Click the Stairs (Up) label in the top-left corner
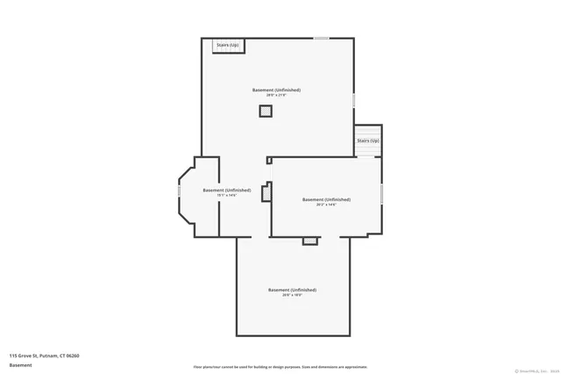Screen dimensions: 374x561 [x=227, y=45]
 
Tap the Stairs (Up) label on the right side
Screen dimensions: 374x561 [x=368, y=140]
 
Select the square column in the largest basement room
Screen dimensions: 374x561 [x=266, y=111]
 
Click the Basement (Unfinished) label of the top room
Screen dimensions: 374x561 [x=276, y=90]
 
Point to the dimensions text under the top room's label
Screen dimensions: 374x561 [x=276, y=95]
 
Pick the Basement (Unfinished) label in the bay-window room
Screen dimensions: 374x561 [x=226, y=190]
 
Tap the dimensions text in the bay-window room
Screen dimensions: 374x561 [x=226, y=195]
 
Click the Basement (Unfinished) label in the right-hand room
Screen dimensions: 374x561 [x=326, y=199]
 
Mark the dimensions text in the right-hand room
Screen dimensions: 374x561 [x=326, y=205]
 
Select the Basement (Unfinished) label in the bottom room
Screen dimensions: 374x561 [x=292, y=290]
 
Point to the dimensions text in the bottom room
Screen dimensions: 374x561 [x=292, y=295]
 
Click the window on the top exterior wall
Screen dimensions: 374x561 [x=322, y=38]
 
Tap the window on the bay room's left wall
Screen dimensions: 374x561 [x=180, y=190]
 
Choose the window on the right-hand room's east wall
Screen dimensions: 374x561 [x=382, y=193]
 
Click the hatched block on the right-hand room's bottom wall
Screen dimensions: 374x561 [x=309, y=240]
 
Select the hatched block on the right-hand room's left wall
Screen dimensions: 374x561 [x=266, y=191]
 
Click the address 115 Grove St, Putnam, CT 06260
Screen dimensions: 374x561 [x=45, y=356]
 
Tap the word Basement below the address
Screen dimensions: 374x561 [x=21, y=365]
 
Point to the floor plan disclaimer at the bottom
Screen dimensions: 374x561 [x=280, y=367]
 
